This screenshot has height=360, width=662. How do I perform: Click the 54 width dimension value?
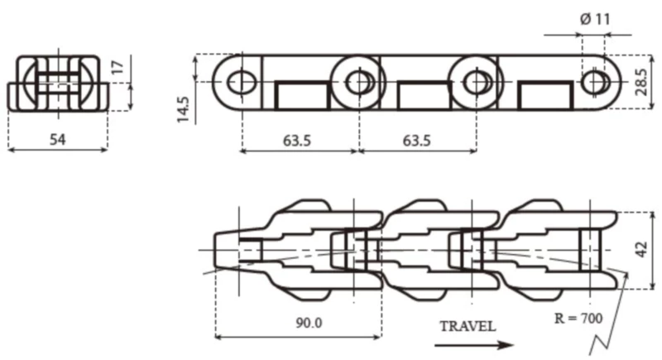coord(56,139)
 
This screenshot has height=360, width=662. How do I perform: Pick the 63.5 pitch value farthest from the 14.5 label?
coord(416,140)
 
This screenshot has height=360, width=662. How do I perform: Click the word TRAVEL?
coord(468,325)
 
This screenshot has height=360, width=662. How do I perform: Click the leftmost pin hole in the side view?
coord(241,81)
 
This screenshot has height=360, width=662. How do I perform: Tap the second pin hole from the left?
coord(358,81)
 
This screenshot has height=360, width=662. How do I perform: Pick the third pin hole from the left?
coord(476,81)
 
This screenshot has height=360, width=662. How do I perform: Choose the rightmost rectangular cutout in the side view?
coord(544,95)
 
